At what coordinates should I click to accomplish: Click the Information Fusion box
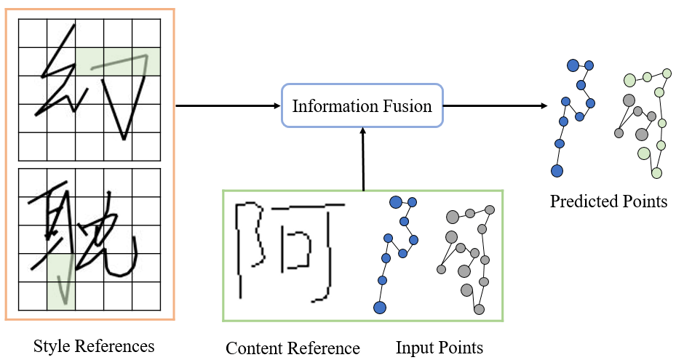click(362, 106)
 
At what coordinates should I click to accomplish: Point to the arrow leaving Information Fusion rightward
click(495, 105)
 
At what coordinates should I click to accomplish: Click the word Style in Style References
click(49, 346)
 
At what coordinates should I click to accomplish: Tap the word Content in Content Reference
click(252, 348)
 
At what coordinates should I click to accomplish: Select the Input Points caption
click(439, 348)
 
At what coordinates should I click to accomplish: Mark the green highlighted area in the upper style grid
click(117, 61)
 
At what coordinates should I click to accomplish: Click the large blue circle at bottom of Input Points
click(379, 307)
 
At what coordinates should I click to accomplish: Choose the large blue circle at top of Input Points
click(397, 201)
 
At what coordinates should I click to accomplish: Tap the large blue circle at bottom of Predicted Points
click(557, 171)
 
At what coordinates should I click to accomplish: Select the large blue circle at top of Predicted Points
click(573, 65)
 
